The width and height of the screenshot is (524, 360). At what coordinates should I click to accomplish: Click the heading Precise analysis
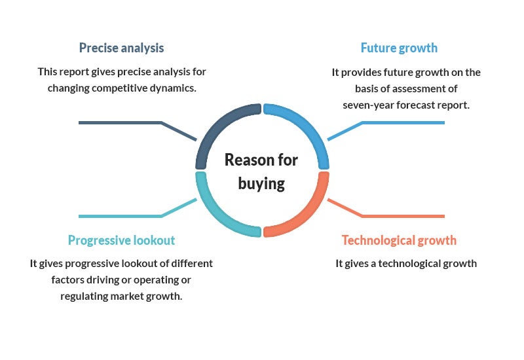pyautogui.click(x=121, y=48)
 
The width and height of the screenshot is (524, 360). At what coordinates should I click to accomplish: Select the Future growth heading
pyautogui.click(x=399, y=48)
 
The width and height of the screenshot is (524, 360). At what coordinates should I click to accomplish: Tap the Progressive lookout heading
pyautogui.click(x=121, y=240)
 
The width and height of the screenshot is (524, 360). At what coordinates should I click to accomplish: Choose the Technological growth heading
pyautogui.click(x=399, y=240)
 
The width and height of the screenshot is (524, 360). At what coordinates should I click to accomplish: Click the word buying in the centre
pyautogui.click(x=261, y=184)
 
